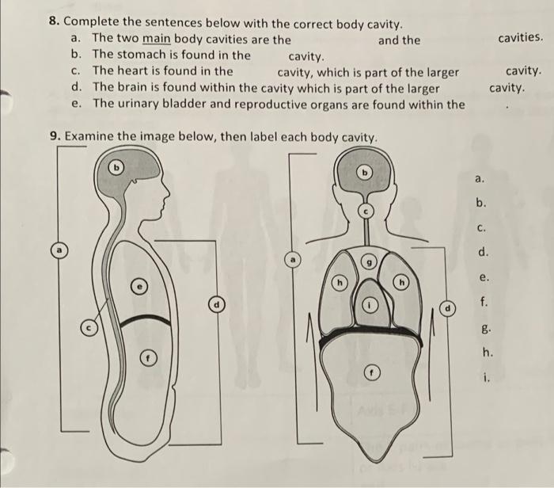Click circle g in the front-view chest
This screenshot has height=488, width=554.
pyautogui.click(x=367, y=261)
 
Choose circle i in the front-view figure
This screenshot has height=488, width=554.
pyautogui.click(x=368, y=304)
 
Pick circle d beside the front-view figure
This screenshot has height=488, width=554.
pyautogui.click(x=449, y=306)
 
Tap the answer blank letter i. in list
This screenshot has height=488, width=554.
pyautogui.click(x=482, y=378)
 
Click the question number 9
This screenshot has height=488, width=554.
pyautogui.click(x=55, y=136)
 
